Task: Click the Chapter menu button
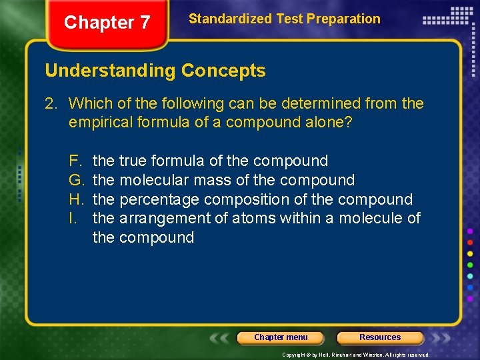coord(281,337)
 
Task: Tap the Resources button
coord(380,337)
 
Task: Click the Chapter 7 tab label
coord(107,23)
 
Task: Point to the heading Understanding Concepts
coord(155,71)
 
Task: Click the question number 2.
coord(50,103)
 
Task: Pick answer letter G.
coord(75,180)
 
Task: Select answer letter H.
coord(75,199)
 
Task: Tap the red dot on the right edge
coord(470,241)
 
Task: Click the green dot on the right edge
coord(470,265)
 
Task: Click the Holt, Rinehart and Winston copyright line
coord(356,355)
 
